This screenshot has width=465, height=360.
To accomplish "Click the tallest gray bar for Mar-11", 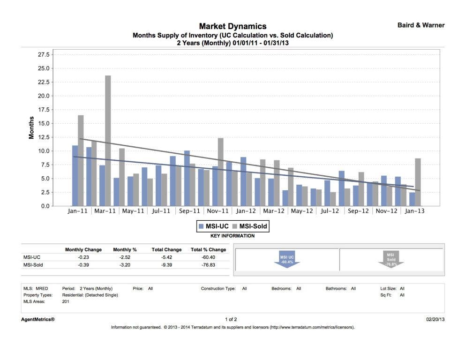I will pyautogui.click(x=108, y=141).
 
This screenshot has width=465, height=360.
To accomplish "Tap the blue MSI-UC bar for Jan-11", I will pyautogui.click(x=75, y=176).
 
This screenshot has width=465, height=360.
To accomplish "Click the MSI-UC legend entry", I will pyautogui.click(x=214, y=226).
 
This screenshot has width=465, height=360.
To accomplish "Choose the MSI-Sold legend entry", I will pyautogui.click(x=250, y=226).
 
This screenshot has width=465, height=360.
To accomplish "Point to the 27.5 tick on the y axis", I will pyautogui.click(x=43, y=54).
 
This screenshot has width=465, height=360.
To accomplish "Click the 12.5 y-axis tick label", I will pyautogui.click(x=43, y=137).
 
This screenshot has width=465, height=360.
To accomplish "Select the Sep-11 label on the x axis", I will pyautogui.click(x=189, y=211).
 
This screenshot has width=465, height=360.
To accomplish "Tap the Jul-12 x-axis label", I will pyautogui.click(x=330, y=211).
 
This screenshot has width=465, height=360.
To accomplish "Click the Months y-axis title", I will pyautogui.click(x=31, y=127).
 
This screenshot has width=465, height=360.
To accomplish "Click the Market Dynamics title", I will pyautogui.click(x=232, y=26).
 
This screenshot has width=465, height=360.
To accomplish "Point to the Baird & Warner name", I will pyautogui.click(x=421, y=25).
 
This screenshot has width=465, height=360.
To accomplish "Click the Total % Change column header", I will pyautogui.click(x=208, y=249).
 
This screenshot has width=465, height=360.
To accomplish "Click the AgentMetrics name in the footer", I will pyautogui.click(x=39, y=319).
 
